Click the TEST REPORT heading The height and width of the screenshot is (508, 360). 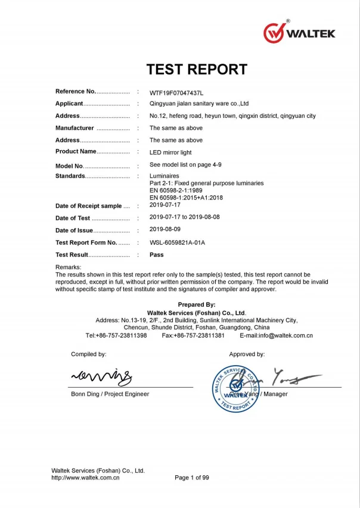click(x=197, y=69)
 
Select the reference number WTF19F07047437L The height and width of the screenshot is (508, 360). click(x=176, y=93)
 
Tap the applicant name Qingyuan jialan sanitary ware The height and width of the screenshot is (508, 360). click(x=203, y=104)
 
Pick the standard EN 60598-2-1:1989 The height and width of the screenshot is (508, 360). click(x=177, y=190)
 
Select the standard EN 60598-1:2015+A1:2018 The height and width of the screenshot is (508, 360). click(x=186, y=197)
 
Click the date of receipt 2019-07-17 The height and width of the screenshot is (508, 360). click(x=165, y=205)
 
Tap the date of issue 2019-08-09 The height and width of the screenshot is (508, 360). click(x=165, y=230)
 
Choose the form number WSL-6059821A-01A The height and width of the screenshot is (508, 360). click(x=177, y=242)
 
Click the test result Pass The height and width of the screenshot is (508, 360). click(x=156, y=254)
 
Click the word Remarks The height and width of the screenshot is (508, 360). click(x=68, y=267)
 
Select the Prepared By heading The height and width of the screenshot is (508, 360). click(x=196, y=304)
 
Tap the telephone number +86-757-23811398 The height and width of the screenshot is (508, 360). click(x=116, y=335)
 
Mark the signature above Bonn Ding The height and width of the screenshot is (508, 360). click(x=101, y=375)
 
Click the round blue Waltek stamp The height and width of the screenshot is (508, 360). click(x=237, y=388)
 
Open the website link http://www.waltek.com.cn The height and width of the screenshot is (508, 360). click(x=86, y=477)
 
